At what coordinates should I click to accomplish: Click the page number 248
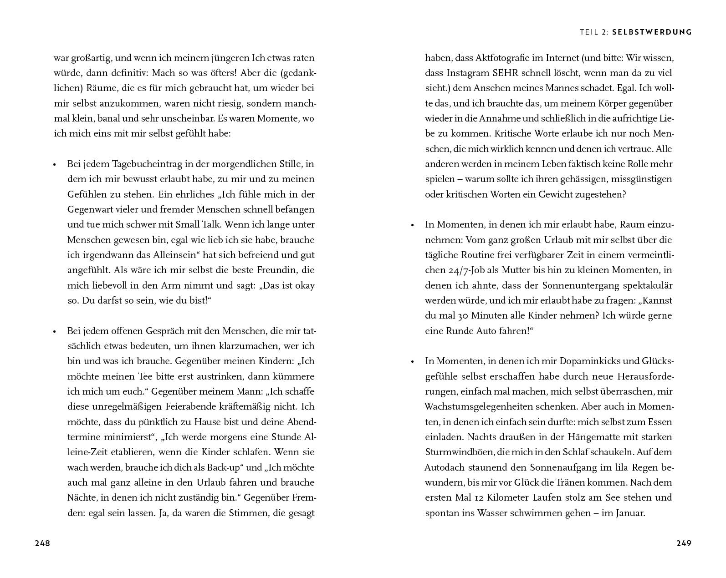pyautogui.click(x=42, y=543)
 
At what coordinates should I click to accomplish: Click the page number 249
pyautogui.click(x=684, y=543)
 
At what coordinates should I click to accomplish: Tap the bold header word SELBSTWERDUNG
pyautogui.click(x=652, y=32)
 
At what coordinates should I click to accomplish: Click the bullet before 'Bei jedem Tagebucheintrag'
pyautogui.click(x=55, y=165)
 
